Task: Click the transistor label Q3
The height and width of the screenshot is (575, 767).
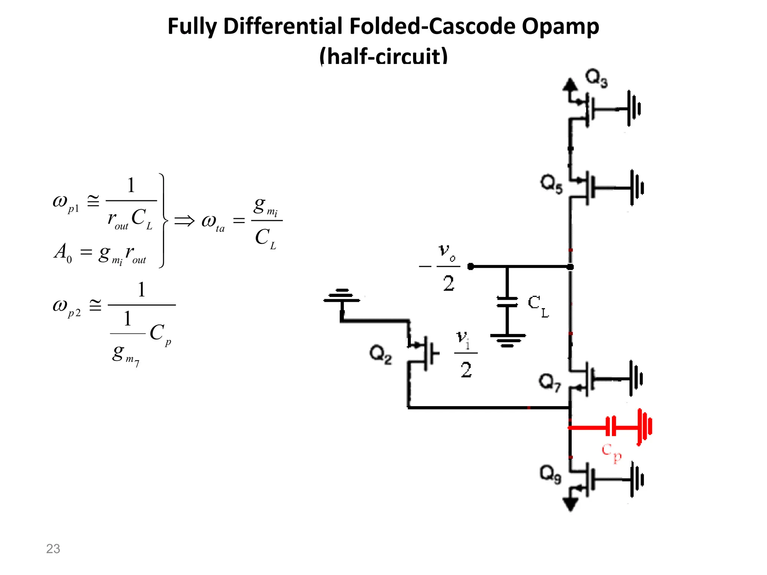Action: (596, 79)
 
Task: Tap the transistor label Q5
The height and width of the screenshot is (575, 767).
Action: (551, 184)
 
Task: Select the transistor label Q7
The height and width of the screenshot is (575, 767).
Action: (550, 382)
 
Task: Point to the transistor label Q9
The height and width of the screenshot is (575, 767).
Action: (550, 474)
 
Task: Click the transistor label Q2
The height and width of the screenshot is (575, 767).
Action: (381, 354)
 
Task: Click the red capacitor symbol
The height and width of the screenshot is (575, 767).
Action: (611, 426)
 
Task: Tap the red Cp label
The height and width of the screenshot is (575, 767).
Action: (611, 453)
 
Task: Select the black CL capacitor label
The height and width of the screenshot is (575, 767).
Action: (538, 306)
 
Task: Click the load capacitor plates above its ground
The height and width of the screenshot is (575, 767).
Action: (507, 302)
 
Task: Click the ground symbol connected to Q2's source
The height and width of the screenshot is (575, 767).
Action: (342, 295)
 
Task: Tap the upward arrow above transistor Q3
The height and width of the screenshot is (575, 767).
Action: (570, 85)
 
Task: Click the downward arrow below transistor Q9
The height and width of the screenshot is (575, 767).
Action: (570, 505)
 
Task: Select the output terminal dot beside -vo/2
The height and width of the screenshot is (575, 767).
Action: (471, 267)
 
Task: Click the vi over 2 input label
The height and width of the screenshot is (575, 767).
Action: (466, 354)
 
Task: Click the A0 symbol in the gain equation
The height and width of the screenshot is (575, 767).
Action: (62, 253)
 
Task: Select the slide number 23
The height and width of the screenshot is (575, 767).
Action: (53, 548)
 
